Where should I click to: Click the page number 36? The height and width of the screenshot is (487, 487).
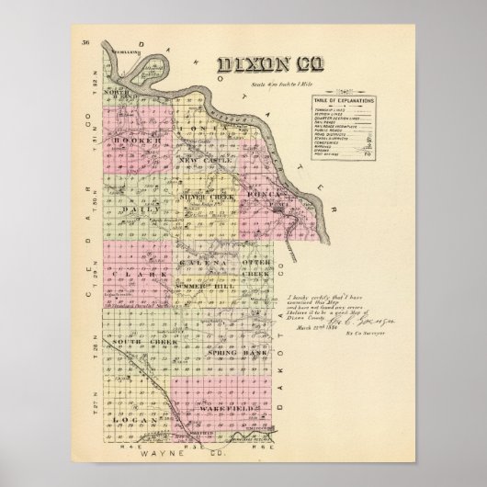[x=85, y=43]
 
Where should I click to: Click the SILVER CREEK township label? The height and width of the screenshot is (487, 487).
[x=208, y=197]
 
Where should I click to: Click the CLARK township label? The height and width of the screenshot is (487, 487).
[x=126, y=274]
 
